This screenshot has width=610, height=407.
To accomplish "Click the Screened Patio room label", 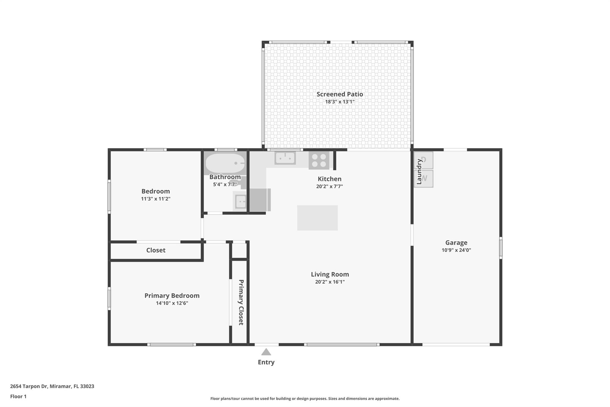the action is (x=340, y=94).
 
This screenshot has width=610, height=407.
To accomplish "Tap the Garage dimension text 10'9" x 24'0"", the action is (x=456, y=250).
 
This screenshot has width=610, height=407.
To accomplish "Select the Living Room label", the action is (x=330, y=274).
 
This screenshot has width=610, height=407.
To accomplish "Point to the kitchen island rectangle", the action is (x=317, y=218).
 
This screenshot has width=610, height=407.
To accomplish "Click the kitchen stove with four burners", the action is (x=319, y=160).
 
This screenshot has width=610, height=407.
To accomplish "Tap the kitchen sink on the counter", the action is (x=285, y=158).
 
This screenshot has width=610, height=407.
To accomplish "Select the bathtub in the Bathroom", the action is (x=225, y=163).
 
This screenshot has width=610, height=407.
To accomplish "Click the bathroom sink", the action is (x=240, y=202).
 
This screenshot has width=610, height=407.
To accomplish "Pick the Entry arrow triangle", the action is (x=266, y=352).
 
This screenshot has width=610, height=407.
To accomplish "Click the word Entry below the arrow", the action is (x=266, y=362).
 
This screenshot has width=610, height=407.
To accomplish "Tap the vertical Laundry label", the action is (x=419, y=171).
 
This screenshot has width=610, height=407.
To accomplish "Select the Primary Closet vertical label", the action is (x=241, y=302).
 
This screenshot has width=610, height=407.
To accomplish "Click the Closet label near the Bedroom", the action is (x=156, y=250).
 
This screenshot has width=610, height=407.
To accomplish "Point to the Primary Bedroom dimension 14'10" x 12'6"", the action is (x=172, y=303).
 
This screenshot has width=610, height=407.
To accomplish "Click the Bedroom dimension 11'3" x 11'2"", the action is (x=155, y=199).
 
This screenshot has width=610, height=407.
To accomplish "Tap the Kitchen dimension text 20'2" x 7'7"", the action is (x=329, y=187).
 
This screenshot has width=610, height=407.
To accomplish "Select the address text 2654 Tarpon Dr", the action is (x=29, y=386).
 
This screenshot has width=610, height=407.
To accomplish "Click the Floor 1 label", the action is (x=18, y=397).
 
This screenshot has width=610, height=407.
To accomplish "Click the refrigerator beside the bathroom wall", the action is (x=260, y=200).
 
